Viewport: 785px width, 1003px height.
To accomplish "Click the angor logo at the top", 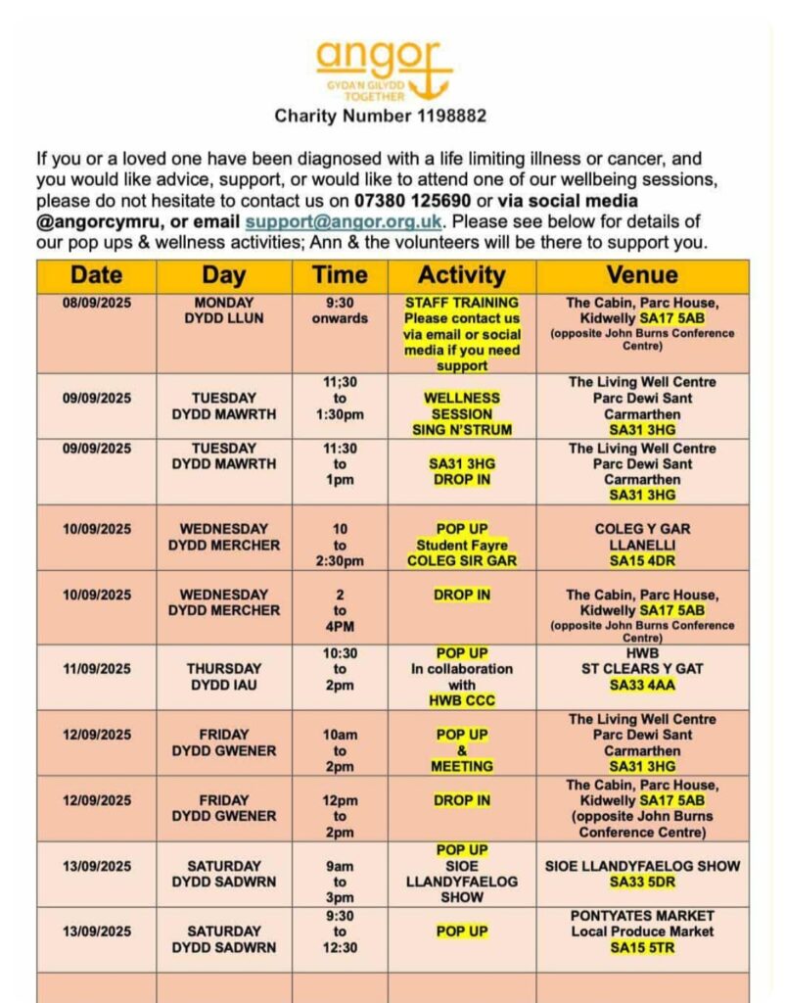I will click(x=384, y=69).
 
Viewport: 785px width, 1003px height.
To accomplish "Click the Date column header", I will click(x=96, y=275).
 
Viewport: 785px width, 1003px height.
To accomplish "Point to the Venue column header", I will click(x=642, y=275).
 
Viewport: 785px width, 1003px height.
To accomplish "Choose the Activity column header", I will click(x=461, y=275).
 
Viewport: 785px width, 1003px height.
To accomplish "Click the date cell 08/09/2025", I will click(x=96, y=303).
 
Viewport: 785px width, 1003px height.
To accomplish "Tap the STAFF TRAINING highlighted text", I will click(x=461, y=303).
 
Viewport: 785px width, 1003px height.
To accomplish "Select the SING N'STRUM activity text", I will click(x=461, y=429).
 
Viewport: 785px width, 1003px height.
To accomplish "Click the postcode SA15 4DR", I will click(x=642, y=561).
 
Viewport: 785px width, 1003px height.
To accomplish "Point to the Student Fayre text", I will click(x=461, y=545).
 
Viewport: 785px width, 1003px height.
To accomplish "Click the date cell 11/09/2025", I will click(x=96, y=669).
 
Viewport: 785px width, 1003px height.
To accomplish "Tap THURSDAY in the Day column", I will click(x=224, y=669).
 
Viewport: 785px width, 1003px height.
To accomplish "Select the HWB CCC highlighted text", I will click(x=461, y=701).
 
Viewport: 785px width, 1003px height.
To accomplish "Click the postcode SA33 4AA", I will click(x=642, y=686).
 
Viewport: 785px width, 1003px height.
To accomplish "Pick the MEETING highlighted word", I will click(x=461, y=767).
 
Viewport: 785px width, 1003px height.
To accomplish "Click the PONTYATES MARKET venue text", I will click(x=642, y=915).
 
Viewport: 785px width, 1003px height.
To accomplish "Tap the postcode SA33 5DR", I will click(x=642, y=883).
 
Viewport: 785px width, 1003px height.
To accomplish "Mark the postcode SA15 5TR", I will click(x=642, y=947).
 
